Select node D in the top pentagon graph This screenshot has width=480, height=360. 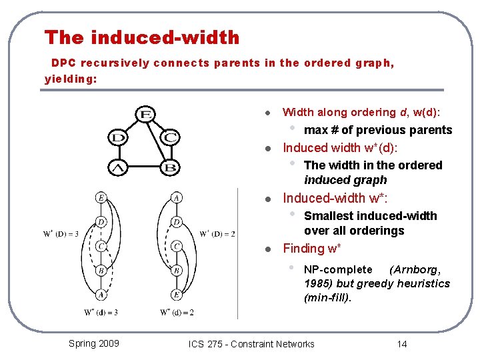[119, 138]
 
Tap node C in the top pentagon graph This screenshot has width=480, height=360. [171, 138]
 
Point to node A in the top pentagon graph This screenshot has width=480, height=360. [119, 167]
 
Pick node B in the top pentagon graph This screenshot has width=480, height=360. [170, 167]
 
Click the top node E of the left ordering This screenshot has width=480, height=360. [101, 197]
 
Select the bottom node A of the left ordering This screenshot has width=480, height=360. [101, 294]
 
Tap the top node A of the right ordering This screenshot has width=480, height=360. [176, 197]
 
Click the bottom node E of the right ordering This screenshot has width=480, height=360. [176, 294]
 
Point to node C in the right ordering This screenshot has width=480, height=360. [176, 245]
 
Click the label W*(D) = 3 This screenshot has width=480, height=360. [61, 233]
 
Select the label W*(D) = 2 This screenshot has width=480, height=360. [217, 233]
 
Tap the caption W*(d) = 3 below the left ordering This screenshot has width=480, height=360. [101, 312]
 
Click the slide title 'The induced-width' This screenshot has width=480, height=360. [141, 37]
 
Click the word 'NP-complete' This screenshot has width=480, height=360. [338, 269]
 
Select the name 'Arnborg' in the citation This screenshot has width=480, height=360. [417, 269]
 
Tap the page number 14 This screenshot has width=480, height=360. [401, 344]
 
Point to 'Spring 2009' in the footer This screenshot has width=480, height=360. [94, 343]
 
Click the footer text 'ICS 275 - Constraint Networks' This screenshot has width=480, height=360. [251, 344]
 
